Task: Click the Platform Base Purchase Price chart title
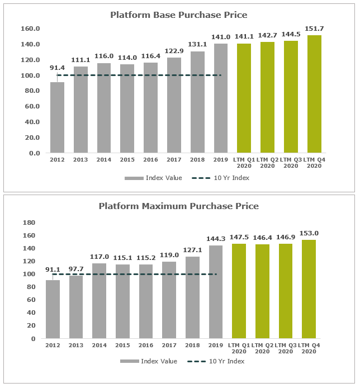coord(178,15)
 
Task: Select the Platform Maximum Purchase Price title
coord(178,206)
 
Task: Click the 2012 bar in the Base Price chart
coord(58,117)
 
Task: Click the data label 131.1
coord(197,45)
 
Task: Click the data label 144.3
coord(216,239)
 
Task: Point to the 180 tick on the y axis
coord(29,223)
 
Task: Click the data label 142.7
coord(268,35)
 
